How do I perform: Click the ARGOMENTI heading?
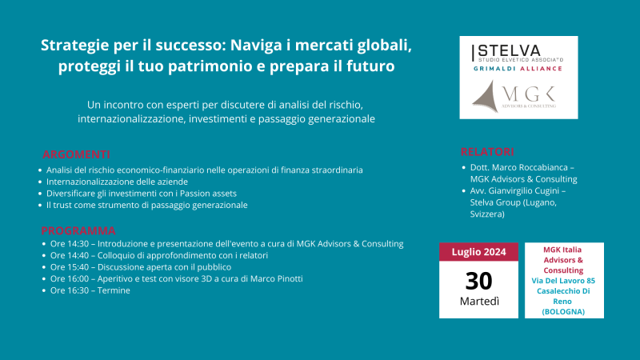[76, 154]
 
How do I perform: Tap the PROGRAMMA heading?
[78, 230]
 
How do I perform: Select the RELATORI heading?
[487, 152]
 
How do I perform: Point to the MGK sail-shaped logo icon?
[486, 96]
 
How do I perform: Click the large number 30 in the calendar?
[478, 281]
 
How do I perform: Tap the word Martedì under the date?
[479, 302]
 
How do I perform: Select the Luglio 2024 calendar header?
[478, 252]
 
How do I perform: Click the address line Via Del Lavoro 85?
[563, 281]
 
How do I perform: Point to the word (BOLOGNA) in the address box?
[563, 312]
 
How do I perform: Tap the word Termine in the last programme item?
[114, 290]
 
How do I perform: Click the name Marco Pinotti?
[277, 278]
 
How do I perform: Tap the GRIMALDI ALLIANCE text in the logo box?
[518, 69]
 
